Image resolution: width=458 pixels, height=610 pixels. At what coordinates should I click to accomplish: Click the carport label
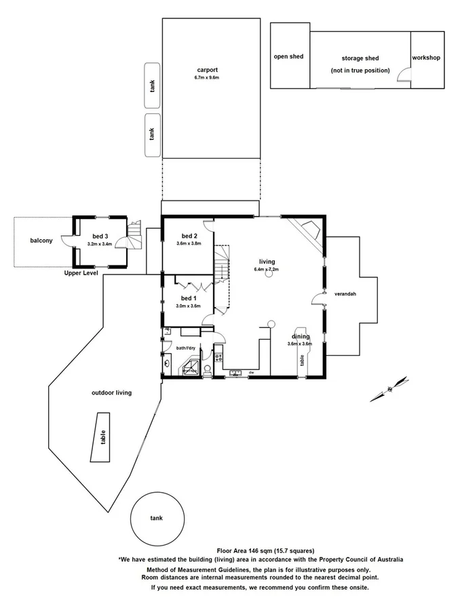[207, 70]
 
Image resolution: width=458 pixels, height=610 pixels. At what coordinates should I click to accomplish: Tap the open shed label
[288, 57]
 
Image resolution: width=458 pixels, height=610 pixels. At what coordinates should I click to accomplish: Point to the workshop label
[426, 58]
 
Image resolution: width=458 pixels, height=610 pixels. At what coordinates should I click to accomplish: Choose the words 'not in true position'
[360, 70]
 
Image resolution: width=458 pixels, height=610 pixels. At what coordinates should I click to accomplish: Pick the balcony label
[41, 241]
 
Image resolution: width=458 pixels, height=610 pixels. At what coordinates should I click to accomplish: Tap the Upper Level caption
[81, 272]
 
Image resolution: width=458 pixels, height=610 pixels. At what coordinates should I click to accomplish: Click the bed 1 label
[188, 298]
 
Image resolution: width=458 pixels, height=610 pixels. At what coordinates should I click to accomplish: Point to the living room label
[267, 261]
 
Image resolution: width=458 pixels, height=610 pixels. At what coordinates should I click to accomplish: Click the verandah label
[345, 295]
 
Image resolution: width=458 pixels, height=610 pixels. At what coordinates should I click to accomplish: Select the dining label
[301, 336]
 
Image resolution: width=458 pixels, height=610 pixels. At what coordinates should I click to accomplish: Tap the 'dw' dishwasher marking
[250, 372]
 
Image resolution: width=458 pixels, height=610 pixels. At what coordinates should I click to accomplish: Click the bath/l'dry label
[186, 348]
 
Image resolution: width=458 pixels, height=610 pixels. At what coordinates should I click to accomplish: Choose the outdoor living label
[112, 392]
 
